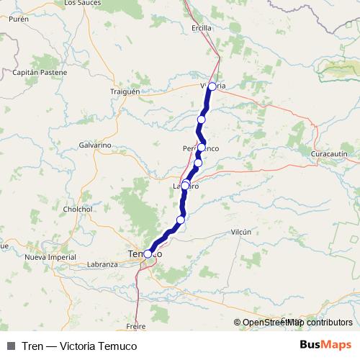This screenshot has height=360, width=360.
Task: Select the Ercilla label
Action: coord(202,28)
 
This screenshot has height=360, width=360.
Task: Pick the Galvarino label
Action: coord(94,145)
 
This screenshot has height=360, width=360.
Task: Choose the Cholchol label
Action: coord(78,209)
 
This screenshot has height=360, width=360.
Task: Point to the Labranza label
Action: coord(102,264)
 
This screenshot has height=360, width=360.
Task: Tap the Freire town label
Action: coord(136,326)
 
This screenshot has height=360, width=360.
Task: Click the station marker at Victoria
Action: coord(212,86)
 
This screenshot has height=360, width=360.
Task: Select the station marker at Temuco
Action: coord(148,253)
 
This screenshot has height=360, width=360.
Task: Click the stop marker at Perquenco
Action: coord(202,148)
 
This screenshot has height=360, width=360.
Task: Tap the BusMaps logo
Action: coord(325,345)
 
